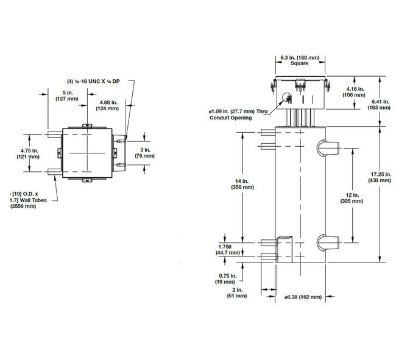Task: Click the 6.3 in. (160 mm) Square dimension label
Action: (x=298, y=60)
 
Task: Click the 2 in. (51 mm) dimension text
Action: (x=238, y=293)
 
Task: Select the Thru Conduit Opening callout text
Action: (x=238, y=115)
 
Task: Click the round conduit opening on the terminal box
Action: (x=287, y=97)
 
